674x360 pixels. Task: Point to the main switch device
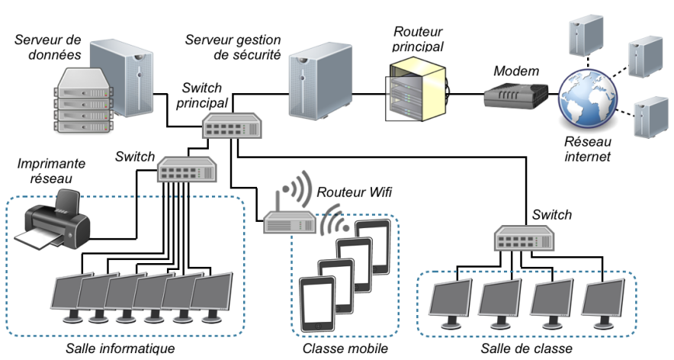[x=231, y=125]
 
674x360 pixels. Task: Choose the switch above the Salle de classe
[x=526, y=238]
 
